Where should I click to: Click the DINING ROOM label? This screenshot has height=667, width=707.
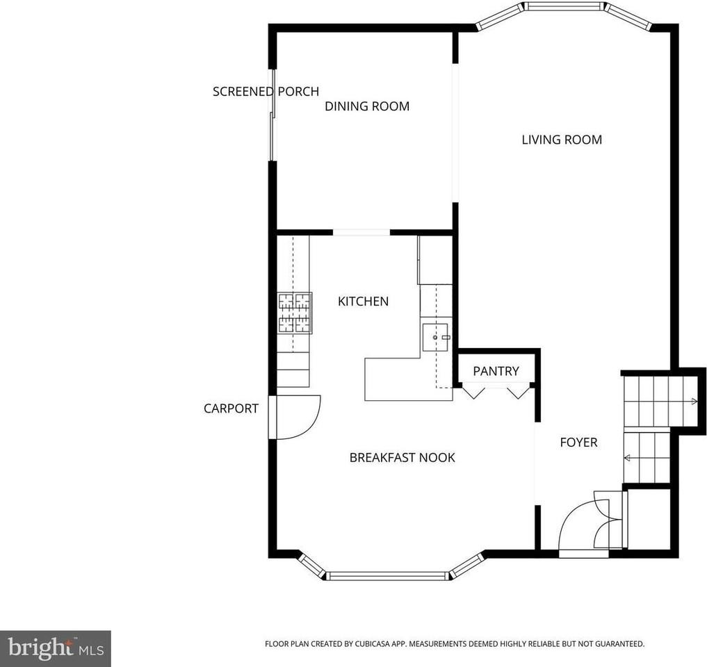pyautogui.click(x=367, y=106)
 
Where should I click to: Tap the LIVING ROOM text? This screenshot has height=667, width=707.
pyautogui.click(x=562, y=140)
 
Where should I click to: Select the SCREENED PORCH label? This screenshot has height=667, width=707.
pyautogui.click(x=266, y=91)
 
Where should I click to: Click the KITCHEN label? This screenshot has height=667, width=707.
pyautogui.click(x=363, y=302)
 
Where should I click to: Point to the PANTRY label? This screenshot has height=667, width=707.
pyautogui.click(x=496, y=371)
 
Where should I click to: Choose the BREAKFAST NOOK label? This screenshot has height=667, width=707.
pyautogui.click(x=402, y=457)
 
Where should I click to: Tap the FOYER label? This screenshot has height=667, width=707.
pyautogui.click(x=578, y=442)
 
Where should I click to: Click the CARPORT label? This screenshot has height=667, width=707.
pyautogui.click(x=231, y=409)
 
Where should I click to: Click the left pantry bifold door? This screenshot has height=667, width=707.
pyautogui.click(x=474, y=392)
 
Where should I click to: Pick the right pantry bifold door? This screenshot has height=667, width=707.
pyautogui.click(x=517, y=392)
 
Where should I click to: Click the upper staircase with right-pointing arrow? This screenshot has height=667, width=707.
pyautogui.click(x=659, y=402)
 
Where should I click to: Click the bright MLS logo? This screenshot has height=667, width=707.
pyautogui.click(x=55, y=649)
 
